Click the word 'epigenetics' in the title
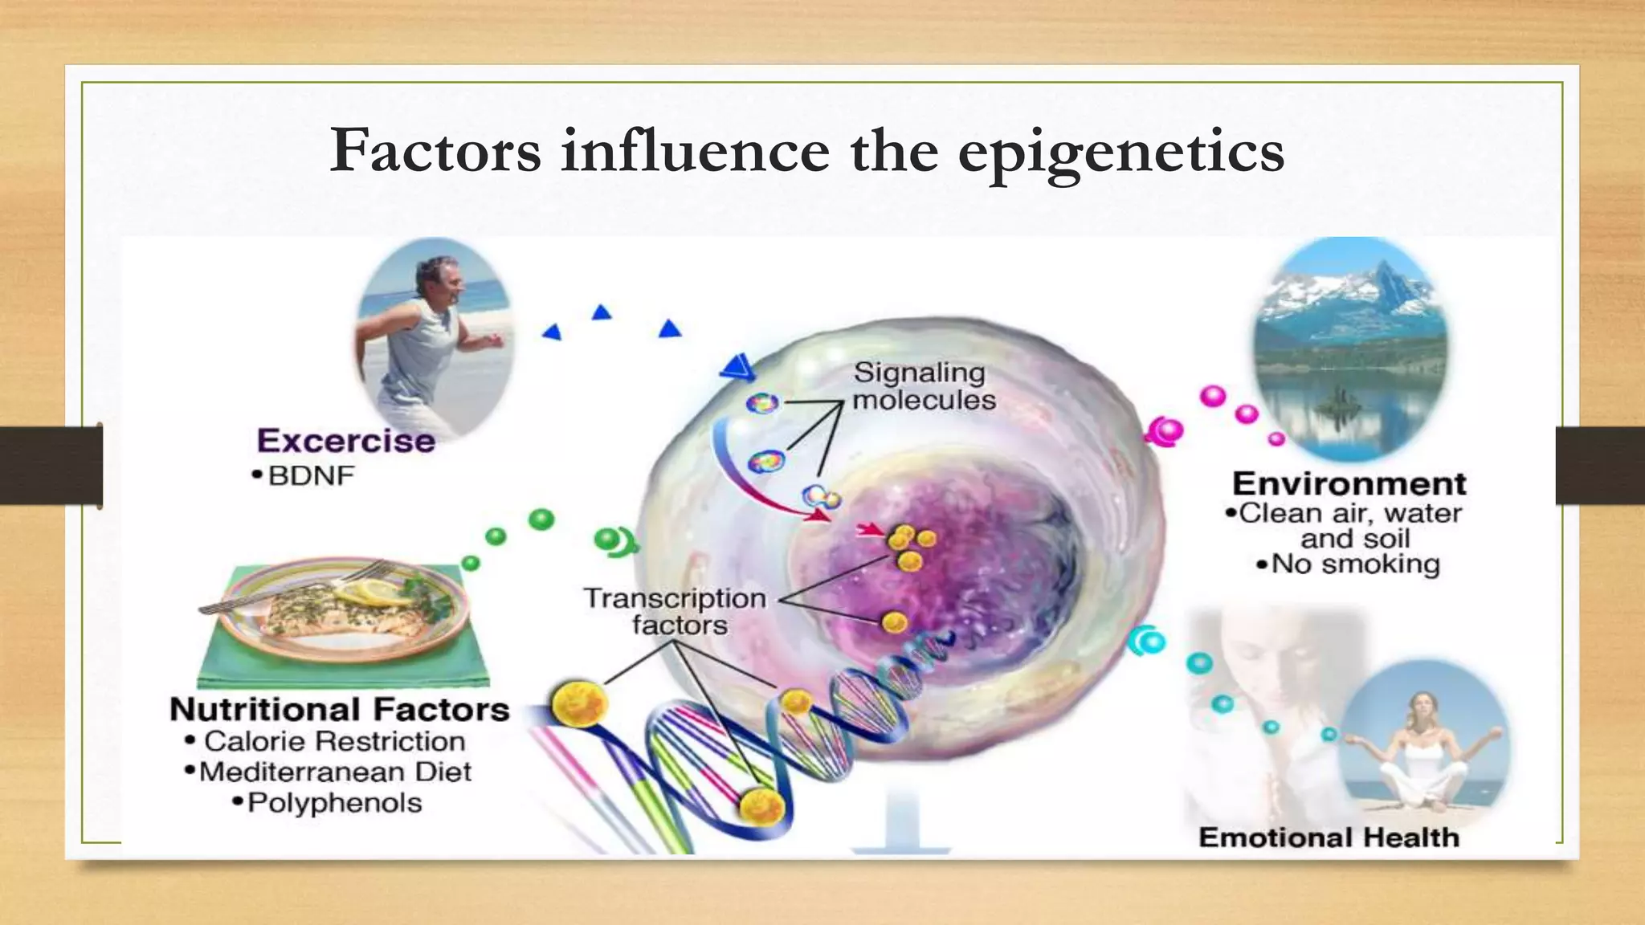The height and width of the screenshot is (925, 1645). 1120,152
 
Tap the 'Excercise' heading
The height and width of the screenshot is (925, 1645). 346,441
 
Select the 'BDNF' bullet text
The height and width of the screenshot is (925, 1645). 311,475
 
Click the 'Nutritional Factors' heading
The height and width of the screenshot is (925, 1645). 340,710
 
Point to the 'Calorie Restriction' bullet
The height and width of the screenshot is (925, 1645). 334,741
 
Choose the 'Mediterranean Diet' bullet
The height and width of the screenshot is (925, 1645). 335,772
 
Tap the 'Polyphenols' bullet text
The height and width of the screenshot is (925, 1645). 334,803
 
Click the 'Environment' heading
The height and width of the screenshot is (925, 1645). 1349,483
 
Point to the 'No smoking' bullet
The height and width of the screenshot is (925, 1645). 1355,564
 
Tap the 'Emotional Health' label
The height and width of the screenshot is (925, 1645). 1329,837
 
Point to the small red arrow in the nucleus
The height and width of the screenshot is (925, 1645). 870,529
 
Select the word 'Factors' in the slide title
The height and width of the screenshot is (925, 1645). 436,152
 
